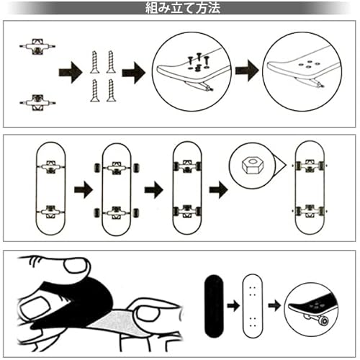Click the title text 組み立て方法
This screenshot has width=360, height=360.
click(x=180, y=9)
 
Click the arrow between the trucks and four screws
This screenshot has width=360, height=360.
click(x=70, y=72)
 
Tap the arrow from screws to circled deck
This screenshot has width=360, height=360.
click(x=133, y=72)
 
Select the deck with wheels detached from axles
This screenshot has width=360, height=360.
click(x=116, y=189)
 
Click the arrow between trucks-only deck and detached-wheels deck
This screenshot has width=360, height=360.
click(x=84, y=190)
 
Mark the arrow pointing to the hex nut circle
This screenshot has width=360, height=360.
click(x=218, y=190)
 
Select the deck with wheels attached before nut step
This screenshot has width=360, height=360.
click(x=186, y=189)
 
